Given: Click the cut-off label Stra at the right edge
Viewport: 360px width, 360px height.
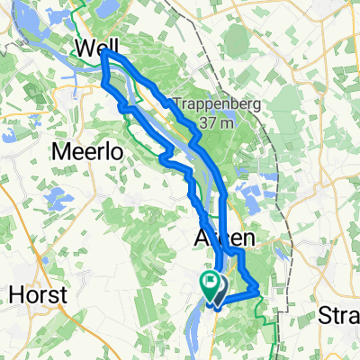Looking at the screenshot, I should pyautogui.click(x=340, y=315).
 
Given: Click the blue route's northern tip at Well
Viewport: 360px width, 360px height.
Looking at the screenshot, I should pyautogui.click(x=106, y=53).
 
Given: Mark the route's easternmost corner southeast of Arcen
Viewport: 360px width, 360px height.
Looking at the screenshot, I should pyautogui.click(x=258, y=289).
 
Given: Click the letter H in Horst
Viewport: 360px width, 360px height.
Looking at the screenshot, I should pyautogui.click(x=14, y=292).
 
